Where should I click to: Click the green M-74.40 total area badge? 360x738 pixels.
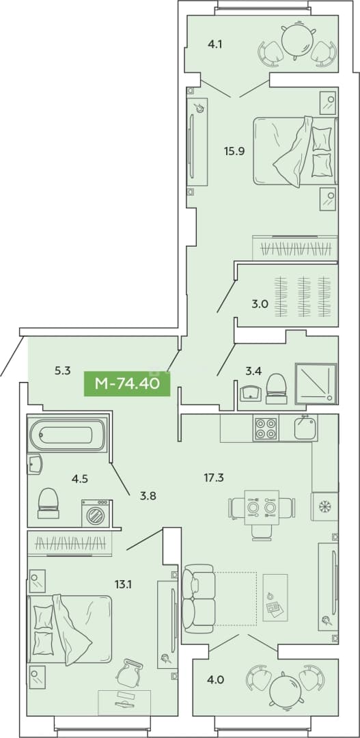pos(127,383)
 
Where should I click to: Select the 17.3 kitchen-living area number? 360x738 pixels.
pos(214,478)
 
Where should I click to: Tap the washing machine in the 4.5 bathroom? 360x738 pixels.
pos(96,513)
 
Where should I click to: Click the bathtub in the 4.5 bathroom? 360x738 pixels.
pos(68,433)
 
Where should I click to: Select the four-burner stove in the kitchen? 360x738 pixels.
pos(266,428)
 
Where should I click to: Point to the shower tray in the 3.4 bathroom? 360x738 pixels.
pos(316,384)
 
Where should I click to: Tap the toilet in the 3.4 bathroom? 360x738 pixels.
pos(276,389)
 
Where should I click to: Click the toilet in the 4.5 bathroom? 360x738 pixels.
pos(48,503)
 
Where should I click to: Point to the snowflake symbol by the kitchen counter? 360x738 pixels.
pos(324,506)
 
